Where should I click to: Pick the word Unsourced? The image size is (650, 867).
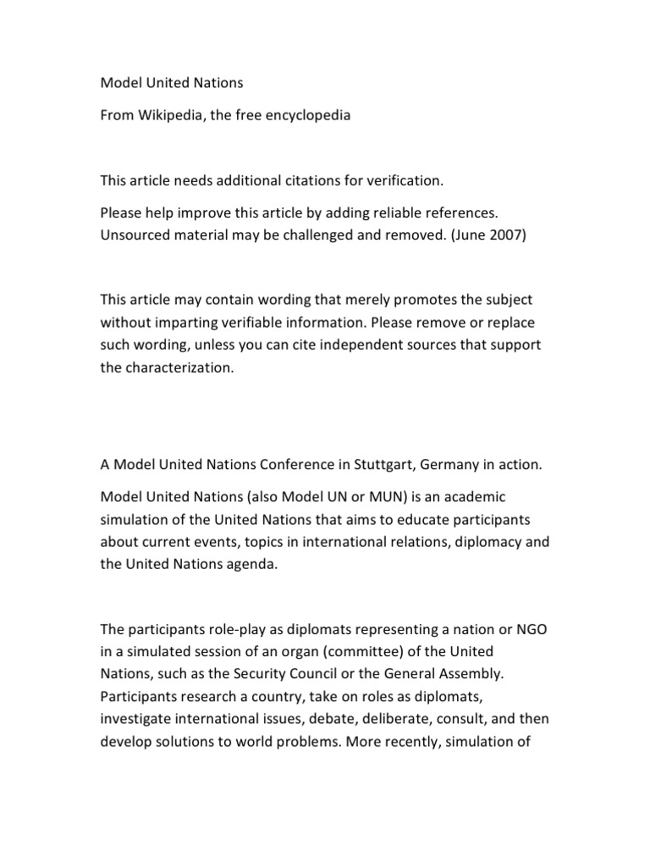point(136,236)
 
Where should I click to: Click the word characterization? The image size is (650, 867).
point(179,367)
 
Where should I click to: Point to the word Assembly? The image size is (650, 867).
point(476,675)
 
